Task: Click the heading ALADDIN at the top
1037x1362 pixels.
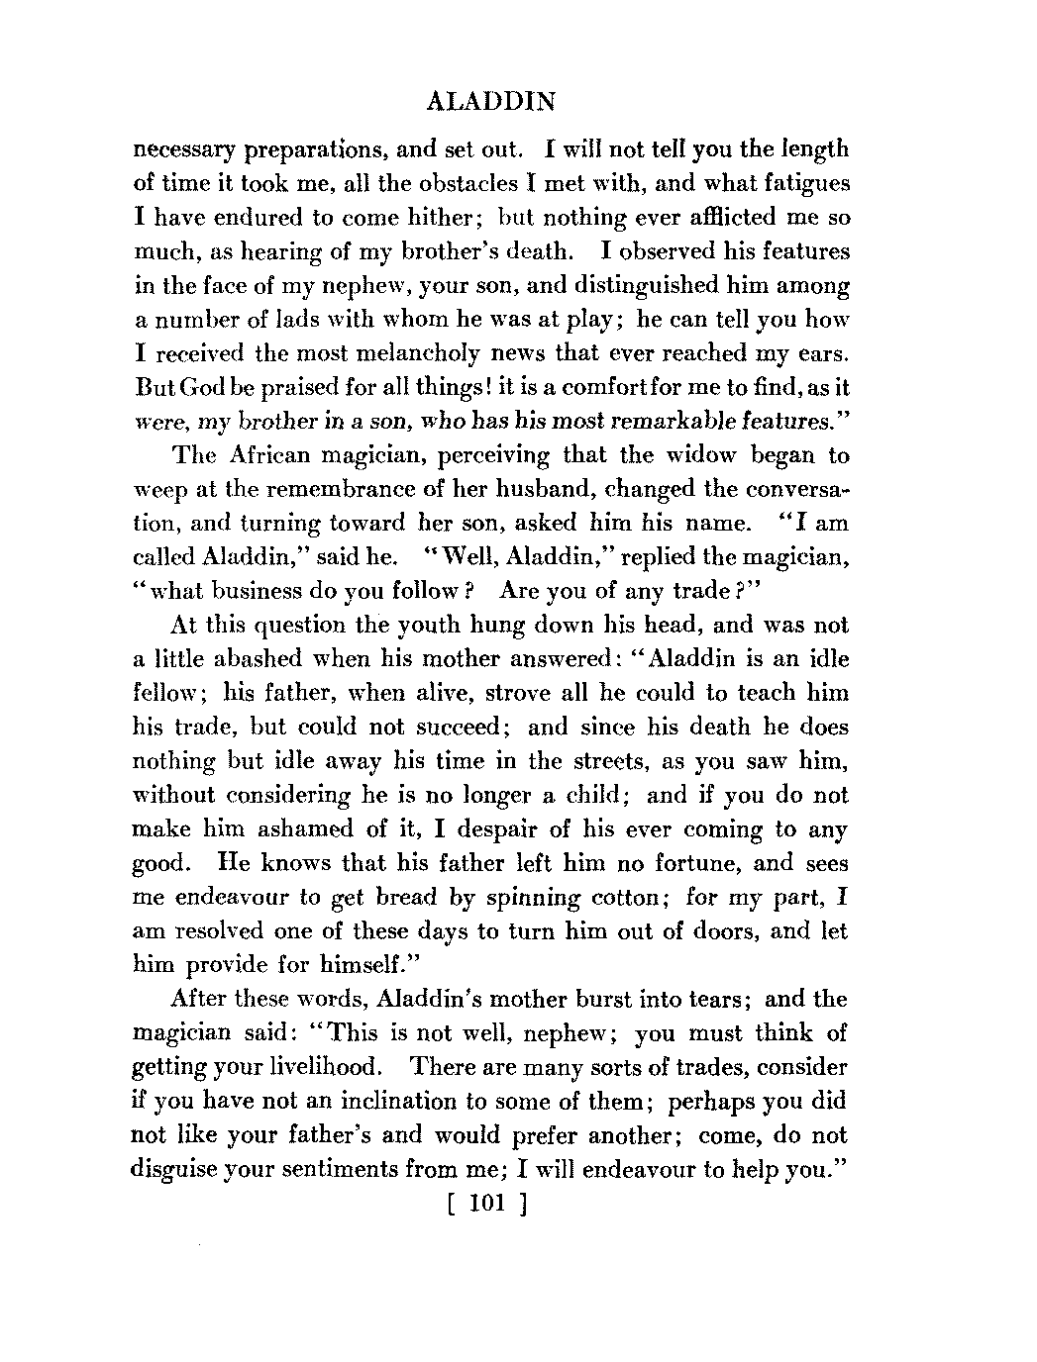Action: (x=488, y=101)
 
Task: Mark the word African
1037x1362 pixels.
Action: (x=270, y=455)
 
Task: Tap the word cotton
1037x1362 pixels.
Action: (x=623, y=898)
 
